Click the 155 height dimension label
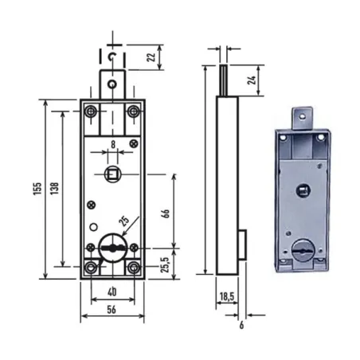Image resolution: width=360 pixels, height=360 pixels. click(x=37, y=189)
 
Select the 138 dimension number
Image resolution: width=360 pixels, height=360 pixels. click(x=54, y=188)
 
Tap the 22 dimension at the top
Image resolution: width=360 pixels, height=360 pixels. click(x=151, y=57)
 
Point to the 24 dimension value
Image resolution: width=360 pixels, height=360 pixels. click(x=252, y=80)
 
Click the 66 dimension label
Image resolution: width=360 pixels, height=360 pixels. click(x=166, y=213)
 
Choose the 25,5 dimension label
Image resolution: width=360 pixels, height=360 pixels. click(x=166, y=264)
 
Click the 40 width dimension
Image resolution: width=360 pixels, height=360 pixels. click(x=112, y=292)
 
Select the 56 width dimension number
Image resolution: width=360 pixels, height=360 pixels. click(x=112, y=310)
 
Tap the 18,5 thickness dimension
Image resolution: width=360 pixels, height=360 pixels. click(x=227, y=296)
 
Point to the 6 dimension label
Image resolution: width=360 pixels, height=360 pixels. click(x=241, y=325)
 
